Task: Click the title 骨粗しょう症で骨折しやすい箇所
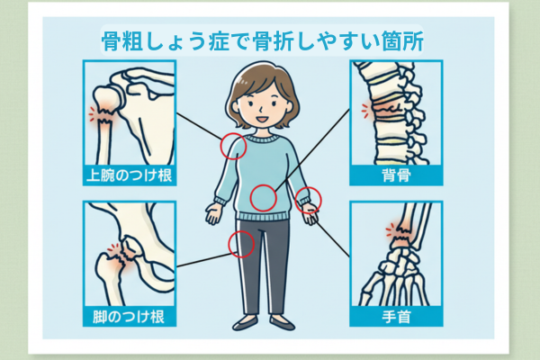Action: [x=262, y=41]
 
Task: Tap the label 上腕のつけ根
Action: [x=129, y=175]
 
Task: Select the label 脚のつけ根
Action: [x=129, y=317]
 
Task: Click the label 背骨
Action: [x=396, y=175]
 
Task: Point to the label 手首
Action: [x=396, y=317]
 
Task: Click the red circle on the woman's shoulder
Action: [x=220, y=146]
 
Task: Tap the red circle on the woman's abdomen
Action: [x=250, y=198]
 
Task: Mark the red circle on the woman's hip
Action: [x=229, y=244]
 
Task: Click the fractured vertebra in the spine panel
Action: [x=389, y=110]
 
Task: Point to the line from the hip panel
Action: [x=203, y=260]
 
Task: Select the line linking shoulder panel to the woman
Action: [x=200, y=126]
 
